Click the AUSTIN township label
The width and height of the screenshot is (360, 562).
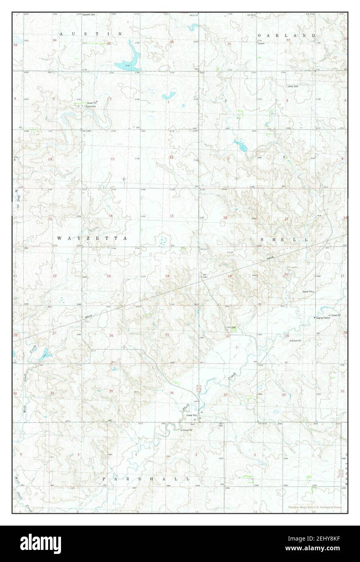click(x=91, y=34)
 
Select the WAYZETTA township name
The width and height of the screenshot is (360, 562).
click(x=93, y=239)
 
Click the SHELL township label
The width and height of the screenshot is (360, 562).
click(x=284, y=240)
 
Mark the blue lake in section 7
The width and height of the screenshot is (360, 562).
click(x=241, y=145)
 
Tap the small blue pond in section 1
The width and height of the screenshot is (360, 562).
click(x=168, y=96)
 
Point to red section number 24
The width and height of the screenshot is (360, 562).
click(x=167, y=276)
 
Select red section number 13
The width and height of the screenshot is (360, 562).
click(x=171, y=216)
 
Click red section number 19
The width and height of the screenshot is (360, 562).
click(x=229, y=276)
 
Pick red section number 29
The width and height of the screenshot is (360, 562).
click(x=287, y=336)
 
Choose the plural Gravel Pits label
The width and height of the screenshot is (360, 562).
click(x=192, y=415)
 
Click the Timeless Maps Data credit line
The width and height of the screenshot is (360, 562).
click(x=315, y=507)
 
